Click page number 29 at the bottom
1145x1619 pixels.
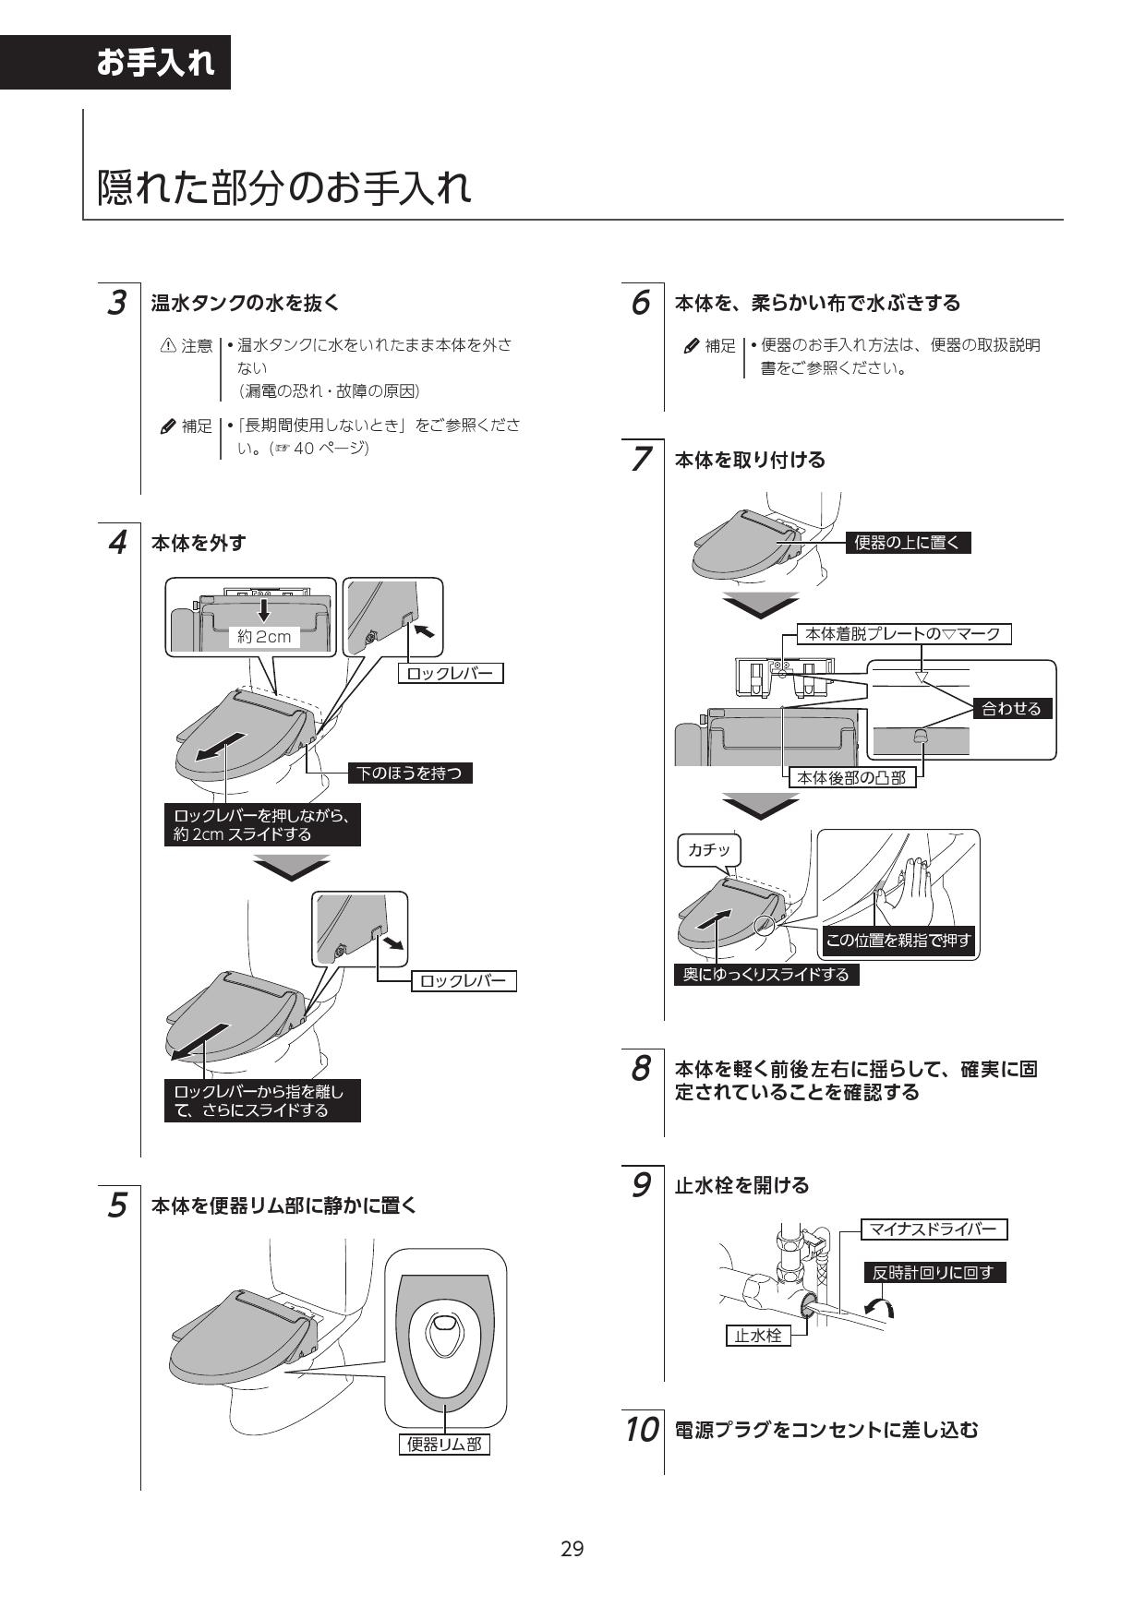click(x=572, y=1549)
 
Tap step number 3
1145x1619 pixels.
click(x=117, y=302)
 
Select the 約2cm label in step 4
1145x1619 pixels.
click(x=264, y=636)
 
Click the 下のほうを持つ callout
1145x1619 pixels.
click(x=410, y=774)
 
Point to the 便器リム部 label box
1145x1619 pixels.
click(x=444, y=1445)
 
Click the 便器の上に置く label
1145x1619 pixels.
click(x=908, y=543)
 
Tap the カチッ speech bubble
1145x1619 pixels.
click(x=709, y=850)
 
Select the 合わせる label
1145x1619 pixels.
click(x=1011, y=708)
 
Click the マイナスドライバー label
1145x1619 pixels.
click(x=934, y=1229)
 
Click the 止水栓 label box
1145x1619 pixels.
click(x=758, y=1336)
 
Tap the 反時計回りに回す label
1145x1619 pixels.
click(x=934, y=1273)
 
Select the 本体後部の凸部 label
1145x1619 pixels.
click(x=851, y=777)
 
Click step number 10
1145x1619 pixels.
click(x=641, y=1430)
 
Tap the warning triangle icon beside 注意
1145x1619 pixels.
click(x=168, y=345)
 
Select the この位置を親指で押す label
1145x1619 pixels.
click(x=898, y=941)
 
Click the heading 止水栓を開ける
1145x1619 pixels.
click(x=741, y=1185)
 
